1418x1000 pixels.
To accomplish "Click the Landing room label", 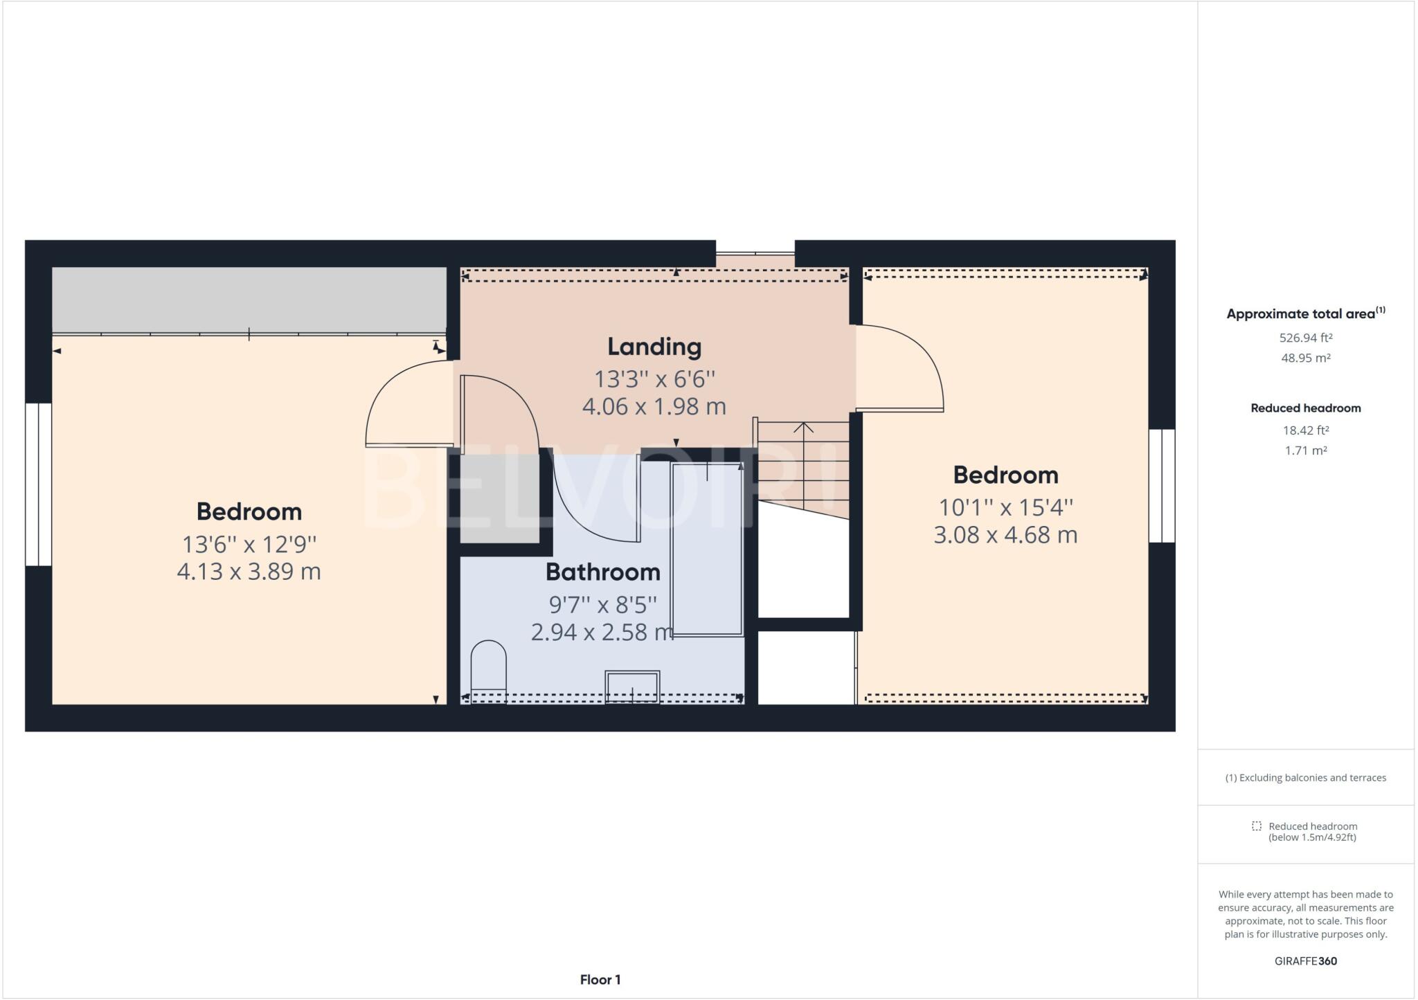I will [654, 347].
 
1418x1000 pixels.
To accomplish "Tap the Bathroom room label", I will [602, 572].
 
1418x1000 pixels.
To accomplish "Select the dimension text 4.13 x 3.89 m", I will [249, 572].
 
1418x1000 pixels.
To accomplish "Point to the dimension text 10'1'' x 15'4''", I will [1005, 507].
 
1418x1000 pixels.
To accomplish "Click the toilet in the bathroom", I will [488, 670].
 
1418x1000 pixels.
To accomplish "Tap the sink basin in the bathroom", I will [632, 686].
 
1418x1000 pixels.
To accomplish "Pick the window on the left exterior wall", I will [38, 484].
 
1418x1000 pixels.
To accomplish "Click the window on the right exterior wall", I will [1162, 486].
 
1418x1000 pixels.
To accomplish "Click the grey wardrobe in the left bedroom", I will [249, 300].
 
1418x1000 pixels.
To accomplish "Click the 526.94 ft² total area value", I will [1305, 338].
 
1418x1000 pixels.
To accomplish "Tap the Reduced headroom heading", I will [1305, 408].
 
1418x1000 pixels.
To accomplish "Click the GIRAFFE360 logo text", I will [1305, 961].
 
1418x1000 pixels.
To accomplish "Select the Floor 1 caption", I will [600, 980].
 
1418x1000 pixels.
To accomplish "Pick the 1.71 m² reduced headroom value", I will [1305, 451].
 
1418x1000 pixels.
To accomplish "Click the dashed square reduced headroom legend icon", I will [1257, 826].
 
